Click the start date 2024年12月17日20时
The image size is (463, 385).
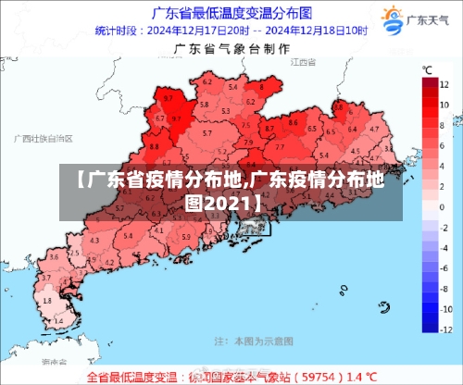[x=199, y=31]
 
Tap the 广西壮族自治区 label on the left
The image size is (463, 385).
[x=44, y=138]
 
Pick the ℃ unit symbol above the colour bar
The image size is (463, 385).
[x=428, y=69]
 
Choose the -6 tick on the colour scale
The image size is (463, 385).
[x=446, y=268]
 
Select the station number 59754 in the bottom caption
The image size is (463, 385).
[x=319, y=378]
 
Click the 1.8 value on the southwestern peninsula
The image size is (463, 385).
[x=48, y=300]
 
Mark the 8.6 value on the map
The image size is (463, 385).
[x=294, y=121]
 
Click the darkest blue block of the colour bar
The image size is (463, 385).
[x=429, y=320]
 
